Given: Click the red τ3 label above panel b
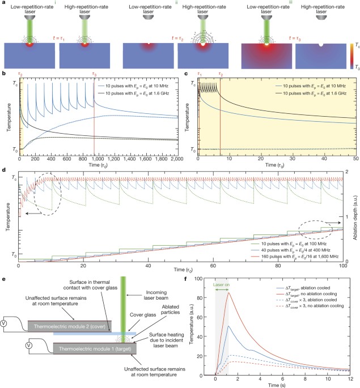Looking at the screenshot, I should pyautogui.click(x=94, y=74).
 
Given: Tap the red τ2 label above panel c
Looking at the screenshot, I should pyautogui.click(x=219, y=74).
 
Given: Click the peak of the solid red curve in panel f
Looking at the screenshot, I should pyautogui.click(x=228, y=292).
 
